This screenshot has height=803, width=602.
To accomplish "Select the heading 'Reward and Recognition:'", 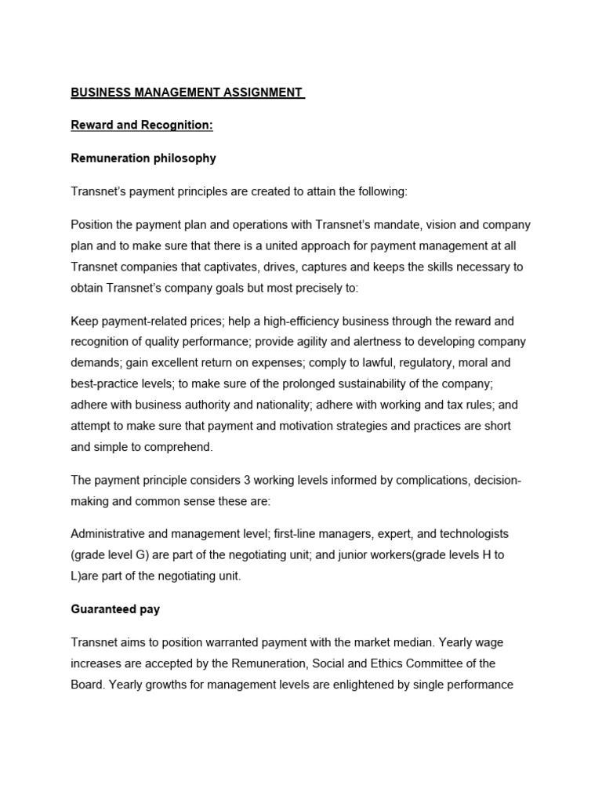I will (x=142, y=125).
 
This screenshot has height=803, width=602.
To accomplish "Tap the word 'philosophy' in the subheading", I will (x=183, y=158).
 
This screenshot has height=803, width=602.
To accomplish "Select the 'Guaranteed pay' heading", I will (x=115, y=609).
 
